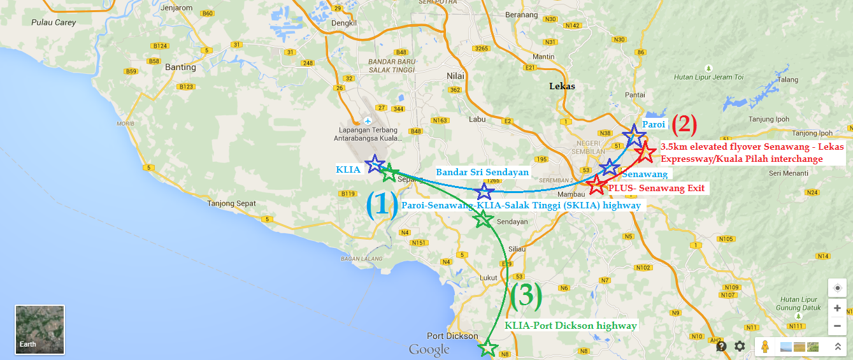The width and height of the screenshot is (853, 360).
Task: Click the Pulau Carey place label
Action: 54,22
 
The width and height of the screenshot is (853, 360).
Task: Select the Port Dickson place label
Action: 452,336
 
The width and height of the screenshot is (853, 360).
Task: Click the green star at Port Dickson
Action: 488,348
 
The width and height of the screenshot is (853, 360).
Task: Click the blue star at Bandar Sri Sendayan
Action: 485,190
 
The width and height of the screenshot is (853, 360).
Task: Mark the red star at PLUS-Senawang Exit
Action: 596,185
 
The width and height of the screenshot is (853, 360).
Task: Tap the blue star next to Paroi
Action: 633,135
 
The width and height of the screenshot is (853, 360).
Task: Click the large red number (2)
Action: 685,124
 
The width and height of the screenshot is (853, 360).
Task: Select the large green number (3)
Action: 526,295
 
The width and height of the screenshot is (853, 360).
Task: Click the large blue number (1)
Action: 382,205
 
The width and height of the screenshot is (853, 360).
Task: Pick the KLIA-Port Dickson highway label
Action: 571,326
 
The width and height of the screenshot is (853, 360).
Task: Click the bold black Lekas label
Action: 562,86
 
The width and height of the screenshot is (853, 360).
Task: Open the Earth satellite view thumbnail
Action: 39,329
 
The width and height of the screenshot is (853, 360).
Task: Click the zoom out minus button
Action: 837,325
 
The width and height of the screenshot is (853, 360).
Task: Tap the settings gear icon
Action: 740,346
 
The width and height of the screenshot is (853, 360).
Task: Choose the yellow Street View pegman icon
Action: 766,347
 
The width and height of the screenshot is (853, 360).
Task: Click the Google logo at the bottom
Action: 429,349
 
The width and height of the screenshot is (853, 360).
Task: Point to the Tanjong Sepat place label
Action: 231,204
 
